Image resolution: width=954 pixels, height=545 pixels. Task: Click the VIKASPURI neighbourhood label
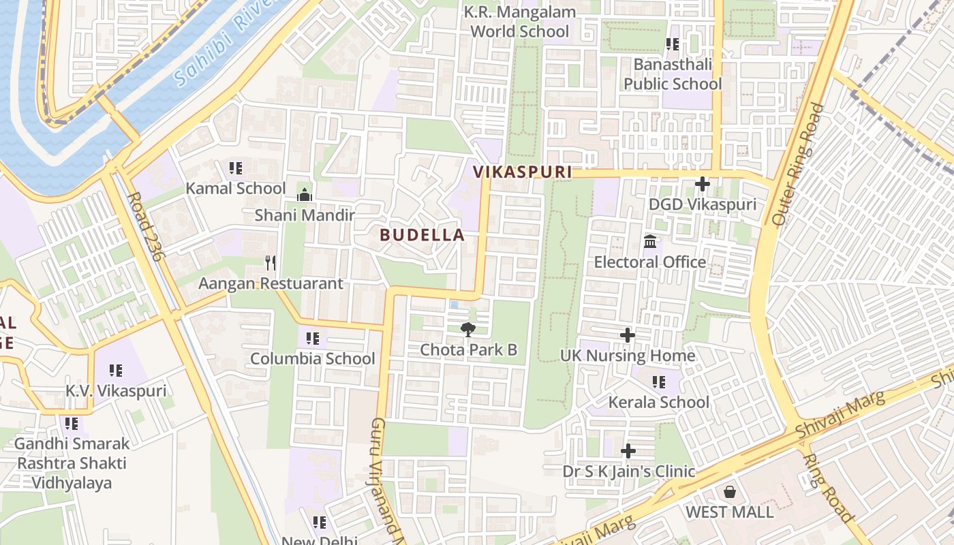pos(523,172)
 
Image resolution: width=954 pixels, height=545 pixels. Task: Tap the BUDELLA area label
pos(422,235)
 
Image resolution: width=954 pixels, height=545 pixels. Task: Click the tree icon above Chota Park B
pos(468,330)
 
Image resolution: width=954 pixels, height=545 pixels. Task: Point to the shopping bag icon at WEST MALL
pos(730,492)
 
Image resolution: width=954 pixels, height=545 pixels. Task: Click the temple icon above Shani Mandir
pos(304,195)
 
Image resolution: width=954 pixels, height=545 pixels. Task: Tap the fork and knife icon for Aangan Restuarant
pos(271,262)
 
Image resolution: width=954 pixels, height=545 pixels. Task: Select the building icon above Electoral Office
pos(650,242)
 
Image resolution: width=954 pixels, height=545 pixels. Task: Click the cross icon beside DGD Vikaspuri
pos(702,184)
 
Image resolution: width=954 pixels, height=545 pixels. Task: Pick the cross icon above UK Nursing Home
pos(628,335)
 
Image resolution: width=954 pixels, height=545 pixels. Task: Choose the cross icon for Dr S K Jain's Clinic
pos(628,451)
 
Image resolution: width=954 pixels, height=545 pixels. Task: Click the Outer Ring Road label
pos(798,164)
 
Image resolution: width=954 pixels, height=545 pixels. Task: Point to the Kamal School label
pos(236,188)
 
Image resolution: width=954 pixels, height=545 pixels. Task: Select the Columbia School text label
pos(313,358)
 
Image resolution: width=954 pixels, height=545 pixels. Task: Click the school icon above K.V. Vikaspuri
pos(116,371)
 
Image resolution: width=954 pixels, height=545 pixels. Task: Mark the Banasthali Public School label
pos(673,74)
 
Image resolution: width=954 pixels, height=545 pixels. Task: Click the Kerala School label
pos(659,402)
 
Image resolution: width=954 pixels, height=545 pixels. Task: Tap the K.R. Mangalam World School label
pos(520,22)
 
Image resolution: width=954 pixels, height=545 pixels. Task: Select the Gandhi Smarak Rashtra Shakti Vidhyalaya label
pos(72,463)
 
